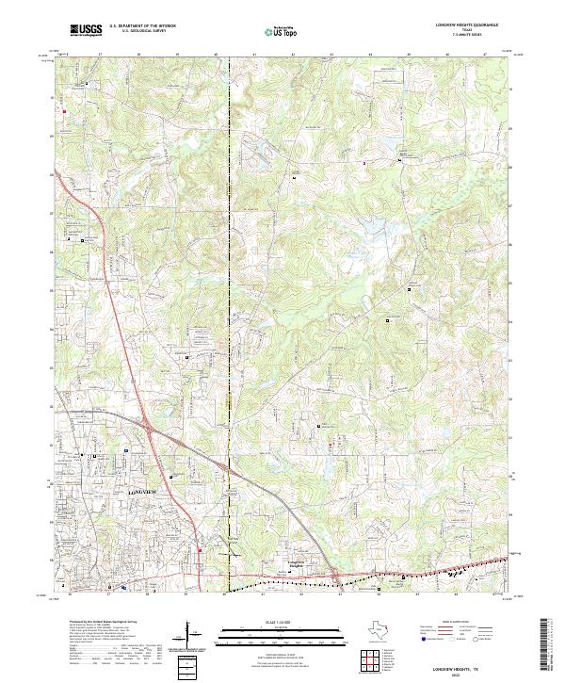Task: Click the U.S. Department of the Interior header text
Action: [141, 25]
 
